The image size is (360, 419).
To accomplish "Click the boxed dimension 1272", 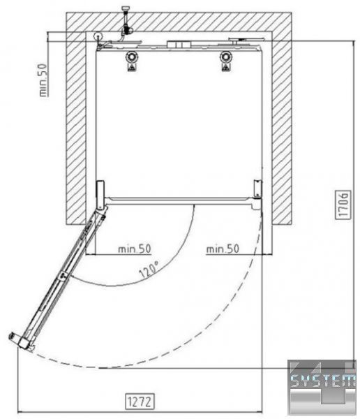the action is [140, 401].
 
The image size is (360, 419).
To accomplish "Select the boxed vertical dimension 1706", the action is [343, 205].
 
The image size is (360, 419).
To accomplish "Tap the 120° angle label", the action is [149, 270].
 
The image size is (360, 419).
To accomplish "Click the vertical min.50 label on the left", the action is [43, 80].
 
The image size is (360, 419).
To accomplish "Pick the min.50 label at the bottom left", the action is [135, 249].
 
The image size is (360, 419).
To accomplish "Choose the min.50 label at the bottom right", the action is [223, 249].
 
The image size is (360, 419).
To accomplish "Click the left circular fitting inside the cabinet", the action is [131, 57].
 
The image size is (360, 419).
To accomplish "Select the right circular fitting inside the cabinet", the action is [226, 57].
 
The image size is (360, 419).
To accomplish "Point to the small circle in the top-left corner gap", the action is [98, 36].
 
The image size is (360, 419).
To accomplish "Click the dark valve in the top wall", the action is [126, 29].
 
